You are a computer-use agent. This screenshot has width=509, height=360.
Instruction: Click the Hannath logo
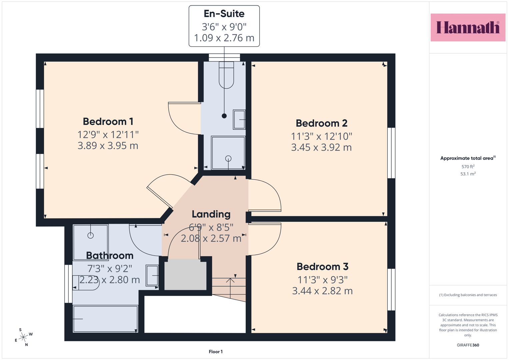click(468, 27)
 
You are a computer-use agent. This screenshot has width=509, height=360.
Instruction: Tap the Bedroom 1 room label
click(108, 122)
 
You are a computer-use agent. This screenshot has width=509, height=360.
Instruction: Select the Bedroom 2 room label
click(322, 123)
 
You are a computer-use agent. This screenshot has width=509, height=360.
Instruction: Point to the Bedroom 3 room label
click(322, 267)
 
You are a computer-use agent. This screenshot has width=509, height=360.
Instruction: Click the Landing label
click(211, 214)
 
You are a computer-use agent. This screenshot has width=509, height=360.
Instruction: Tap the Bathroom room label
click(110, 256)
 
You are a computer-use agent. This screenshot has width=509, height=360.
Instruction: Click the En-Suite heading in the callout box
click(224, 14)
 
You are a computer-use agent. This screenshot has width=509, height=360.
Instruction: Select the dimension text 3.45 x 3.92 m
click(322, 147)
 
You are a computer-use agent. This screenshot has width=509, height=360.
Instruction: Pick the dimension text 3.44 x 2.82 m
click(322, 291)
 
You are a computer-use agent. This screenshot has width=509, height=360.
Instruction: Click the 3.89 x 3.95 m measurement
click(108, 146)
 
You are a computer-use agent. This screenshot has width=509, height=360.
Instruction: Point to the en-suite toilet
click(226, 75)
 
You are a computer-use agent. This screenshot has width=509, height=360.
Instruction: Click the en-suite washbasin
click(239, 120)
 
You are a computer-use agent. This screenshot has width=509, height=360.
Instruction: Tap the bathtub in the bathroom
click(105, 319)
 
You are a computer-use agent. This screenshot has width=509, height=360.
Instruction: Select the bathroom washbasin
click(152, 275)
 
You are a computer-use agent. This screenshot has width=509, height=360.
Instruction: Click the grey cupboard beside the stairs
click(185, 276)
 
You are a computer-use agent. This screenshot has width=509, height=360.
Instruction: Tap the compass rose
click(23, 337)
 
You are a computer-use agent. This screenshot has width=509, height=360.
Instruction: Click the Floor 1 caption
click(216, 352)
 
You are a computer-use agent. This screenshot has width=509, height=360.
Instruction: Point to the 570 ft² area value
click(468, 167)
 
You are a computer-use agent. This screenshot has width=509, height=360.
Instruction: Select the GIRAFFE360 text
click(468, 345)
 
